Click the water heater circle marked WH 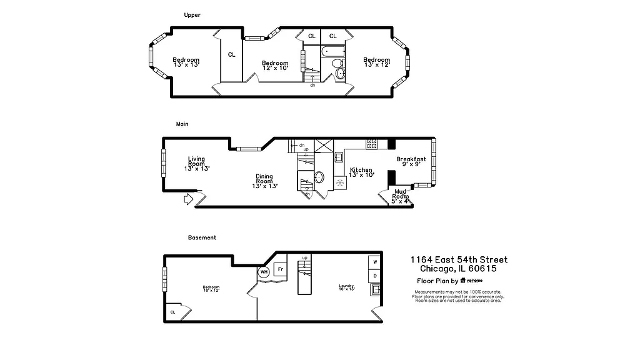[x=264, y=272]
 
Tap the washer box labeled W [x=375, y=262]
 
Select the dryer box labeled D [x=375, y=275]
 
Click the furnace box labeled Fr [x=281, y=269]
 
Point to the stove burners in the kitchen [x=371, y=143]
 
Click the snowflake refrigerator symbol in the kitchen [x=341, y=183]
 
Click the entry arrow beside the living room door [x=188, y=200]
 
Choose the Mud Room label [x=401, y=197]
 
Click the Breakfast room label [x=411, y=162]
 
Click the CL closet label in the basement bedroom [x=172, y=312]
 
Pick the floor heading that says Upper [x=192, y=15]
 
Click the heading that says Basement [x=202, y=237]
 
